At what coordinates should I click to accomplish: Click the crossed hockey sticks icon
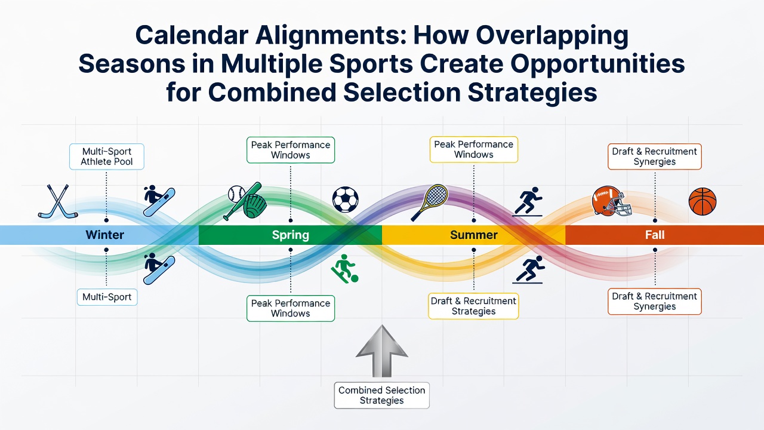(58, 201)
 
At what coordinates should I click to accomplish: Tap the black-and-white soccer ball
(345, 199)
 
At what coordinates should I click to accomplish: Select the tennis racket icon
(430, 202)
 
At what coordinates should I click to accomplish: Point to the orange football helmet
(611, 201)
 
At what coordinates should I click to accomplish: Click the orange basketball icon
(703, 201)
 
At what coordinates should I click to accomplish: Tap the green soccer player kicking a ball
(345, 269)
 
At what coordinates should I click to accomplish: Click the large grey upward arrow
(381, 351)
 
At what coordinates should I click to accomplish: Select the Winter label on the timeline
(104, 235)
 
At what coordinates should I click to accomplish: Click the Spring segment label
(290, 235)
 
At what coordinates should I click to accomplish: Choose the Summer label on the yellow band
(474, 235)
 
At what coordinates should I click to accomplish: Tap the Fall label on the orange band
(655, 235)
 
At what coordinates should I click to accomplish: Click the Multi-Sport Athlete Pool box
(107, 156)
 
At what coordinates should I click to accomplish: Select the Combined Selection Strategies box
(381, 395)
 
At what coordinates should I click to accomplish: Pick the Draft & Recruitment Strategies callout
(473, 306)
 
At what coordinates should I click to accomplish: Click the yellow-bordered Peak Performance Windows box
(474, 149)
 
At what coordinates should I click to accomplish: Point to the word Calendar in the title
(192, 35)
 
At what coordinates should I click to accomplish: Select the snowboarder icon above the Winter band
(159, 201)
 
